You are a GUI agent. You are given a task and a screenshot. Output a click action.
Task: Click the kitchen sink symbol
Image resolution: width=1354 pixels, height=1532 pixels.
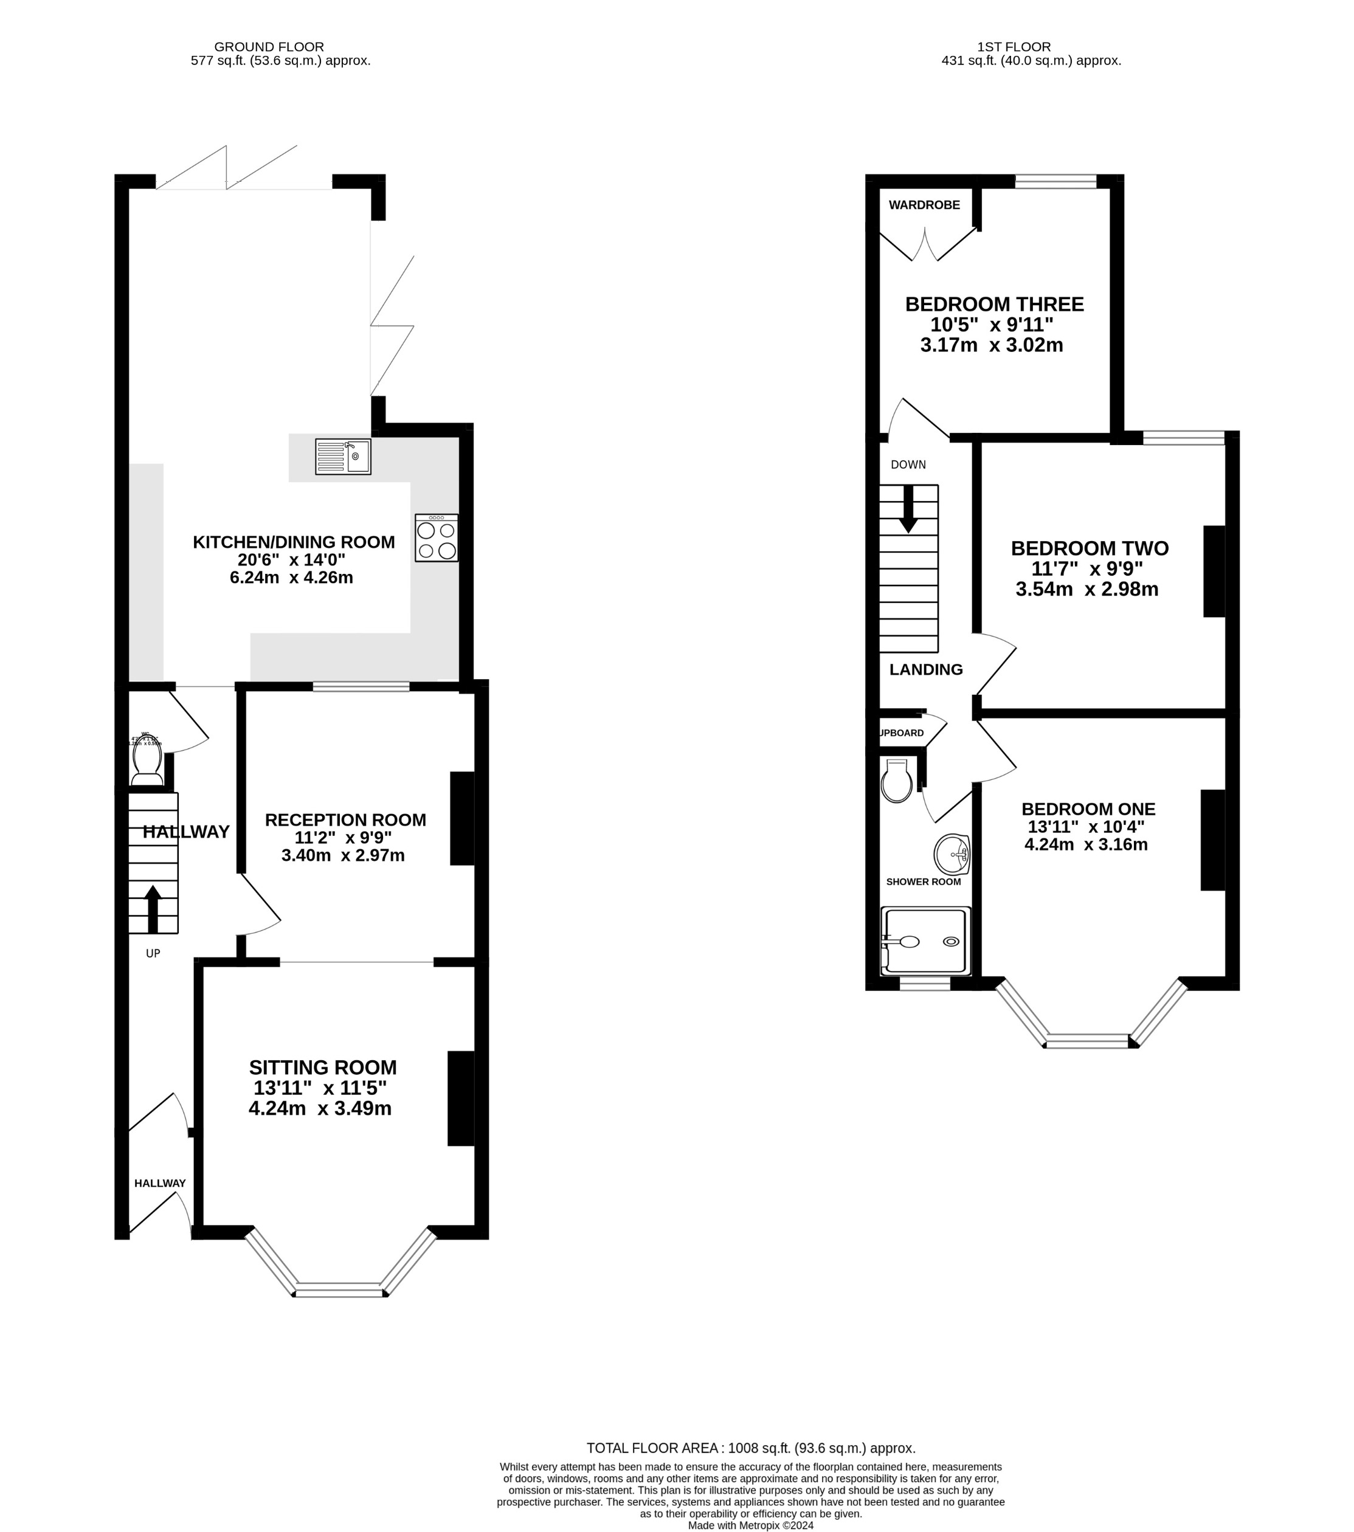pyautogui.click(x=343, y=457)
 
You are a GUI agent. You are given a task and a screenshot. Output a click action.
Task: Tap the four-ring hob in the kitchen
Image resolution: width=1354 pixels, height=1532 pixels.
pyautogui.click(x=437, y=538)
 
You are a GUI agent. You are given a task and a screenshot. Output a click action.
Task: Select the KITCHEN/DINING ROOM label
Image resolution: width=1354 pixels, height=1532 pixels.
pyautogui.click(x=293, y=542)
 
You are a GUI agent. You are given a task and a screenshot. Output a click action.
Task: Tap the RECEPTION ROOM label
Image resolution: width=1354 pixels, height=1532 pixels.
pyautogui.click(x=345, y=820)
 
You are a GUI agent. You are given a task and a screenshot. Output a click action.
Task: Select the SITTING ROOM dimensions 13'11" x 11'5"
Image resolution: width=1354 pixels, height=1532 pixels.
pyautogui.click(x=320, y=1088)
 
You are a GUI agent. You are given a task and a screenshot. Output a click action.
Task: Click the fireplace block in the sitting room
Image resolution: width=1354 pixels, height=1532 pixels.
pyautogui.click(x=460, y=1099)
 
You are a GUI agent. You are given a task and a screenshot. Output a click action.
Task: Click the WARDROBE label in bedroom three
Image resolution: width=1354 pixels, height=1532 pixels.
pyautogui.click(x=924, y=205)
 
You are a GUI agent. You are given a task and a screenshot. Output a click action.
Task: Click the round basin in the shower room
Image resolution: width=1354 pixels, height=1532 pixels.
pyautogui.click(x=952, y=854)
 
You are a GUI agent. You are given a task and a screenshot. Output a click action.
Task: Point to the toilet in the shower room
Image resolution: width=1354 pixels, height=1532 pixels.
pyautogui.click(x=897, y=782)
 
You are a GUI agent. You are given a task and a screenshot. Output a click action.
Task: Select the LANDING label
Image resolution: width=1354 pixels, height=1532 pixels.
pyautogui.click(x=926, y=669)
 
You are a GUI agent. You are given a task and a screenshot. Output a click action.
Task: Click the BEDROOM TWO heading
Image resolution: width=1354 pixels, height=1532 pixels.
pyautogui.click(x=1090, y=548)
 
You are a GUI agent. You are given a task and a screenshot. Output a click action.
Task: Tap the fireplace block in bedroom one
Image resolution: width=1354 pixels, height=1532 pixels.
pyautogui.click(x=1212, y=840)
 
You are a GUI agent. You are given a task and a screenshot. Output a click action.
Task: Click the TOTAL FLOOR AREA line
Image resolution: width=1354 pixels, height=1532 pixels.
pyautogui.click(x=750, y=1448)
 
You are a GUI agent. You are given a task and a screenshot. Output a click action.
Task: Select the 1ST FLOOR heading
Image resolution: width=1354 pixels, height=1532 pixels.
pyautogui.click(x=1014, y=46)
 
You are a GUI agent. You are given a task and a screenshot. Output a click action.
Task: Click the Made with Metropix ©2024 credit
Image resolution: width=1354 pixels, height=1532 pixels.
pyautogui.click(x=750, y=1525)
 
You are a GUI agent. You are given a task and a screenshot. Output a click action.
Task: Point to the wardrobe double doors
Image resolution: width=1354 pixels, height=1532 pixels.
pyautogui.click(x=926, y=244)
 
